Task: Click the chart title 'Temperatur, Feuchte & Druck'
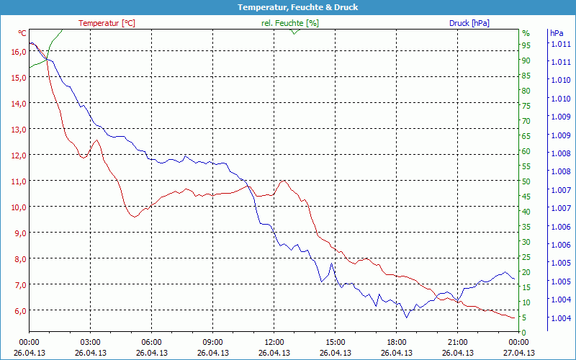pos(287,7)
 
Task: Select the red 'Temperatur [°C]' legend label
pos(107,23)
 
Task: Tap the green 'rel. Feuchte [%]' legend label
pos(289,23)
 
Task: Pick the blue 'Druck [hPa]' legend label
pos(469,23)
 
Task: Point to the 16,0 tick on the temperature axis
pos(18,51)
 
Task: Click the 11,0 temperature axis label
pos(18,181)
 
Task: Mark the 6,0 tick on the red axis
pos(18,310)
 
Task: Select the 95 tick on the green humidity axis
pos(526,45)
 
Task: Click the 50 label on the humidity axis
pos(526,181)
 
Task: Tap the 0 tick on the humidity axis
pos(524,333)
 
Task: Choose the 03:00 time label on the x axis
pos(90,343)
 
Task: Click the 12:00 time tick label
pos(274,343)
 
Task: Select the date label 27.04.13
pos(518,353)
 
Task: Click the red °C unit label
pos(22,33)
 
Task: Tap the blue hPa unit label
pos(557,33)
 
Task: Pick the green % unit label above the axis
pos(526,33)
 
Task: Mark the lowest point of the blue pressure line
pos(406,318)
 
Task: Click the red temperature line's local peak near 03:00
pos(95,140)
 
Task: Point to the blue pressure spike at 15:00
pos(332,264)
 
